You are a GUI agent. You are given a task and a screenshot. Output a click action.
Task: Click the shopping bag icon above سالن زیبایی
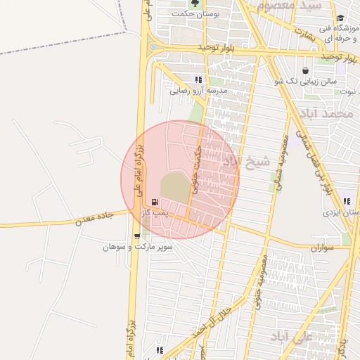coord(305,71)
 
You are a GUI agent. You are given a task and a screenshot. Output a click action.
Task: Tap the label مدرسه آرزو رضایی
coord(198,91)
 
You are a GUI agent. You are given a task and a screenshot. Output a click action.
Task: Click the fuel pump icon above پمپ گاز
coord(155,202)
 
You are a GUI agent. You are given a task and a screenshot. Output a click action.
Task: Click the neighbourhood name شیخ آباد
coord(246,161)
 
